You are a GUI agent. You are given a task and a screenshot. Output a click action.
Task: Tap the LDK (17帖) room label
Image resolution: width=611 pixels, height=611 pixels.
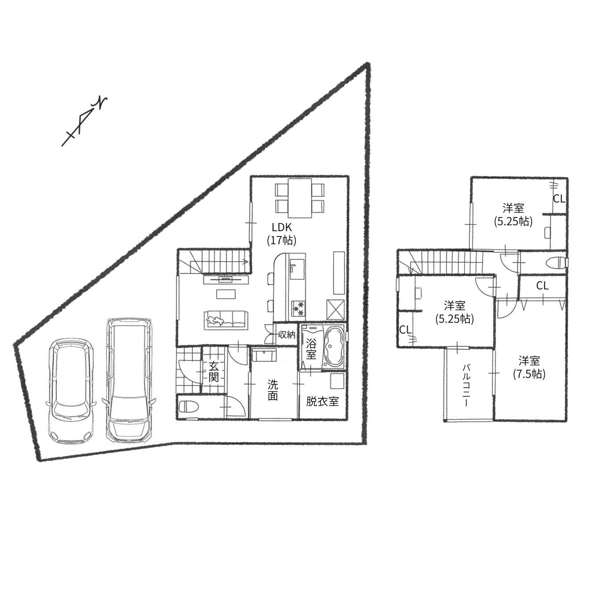point(281,234)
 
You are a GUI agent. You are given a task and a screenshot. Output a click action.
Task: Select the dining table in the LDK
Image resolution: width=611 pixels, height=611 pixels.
point(300,198)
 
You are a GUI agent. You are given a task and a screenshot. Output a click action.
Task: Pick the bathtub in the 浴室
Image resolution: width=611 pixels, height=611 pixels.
point(333,347)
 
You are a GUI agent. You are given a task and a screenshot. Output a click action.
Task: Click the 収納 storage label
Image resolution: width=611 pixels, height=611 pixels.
point(287,334)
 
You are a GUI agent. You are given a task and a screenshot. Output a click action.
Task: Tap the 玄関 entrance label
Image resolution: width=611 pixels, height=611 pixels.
point(214,372)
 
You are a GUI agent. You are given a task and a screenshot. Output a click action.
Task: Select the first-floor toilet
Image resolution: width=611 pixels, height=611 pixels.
point(189,406)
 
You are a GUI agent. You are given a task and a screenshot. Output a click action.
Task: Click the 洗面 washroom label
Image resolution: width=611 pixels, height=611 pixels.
point(273,390)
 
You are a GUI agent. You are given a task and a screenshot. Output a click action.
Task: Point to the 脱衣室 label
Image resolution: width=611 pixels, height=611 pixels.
point(322,401)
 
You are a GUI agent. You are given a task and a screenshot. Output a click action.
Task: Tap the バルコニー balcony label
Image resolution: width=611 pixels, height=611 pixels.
point(466,385)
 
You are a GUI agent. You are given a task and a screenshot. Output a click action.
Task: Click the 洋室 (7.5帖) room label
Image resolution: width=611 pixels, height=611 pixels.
point(529,368)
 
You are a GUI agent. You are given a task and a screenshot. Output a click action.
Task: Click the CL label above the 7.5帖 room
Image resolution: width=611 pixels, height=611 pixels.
point(542,286)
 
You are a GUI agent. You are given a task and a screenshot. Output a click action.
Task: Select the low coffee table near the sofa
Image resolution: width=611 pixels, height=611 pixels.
point(226,294)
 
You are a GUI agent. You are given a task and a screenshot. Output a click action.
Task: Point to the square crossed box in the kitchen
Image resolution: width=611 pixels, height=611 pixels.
point(335,309)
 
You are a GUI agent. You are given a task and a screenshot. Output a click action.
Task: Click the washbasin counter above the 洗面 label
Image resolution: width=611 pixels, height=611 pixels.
point(264,355)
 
